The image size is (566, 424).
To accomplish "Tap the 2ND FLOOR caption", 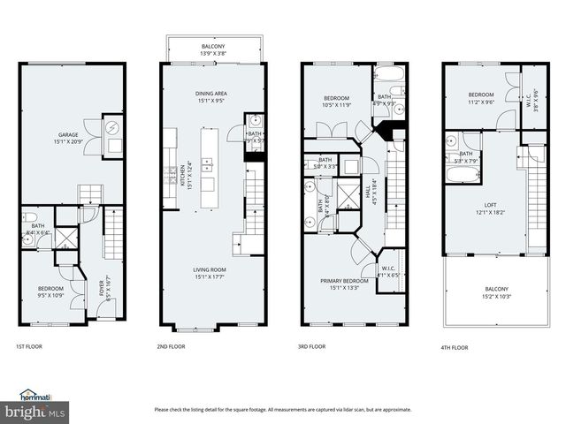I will click(172, 347).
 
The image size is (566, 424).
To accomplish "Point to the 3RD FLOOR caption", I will click(312, 347).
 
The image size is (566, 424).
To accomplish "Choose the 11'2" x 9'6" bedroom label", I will click(481, 98).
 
